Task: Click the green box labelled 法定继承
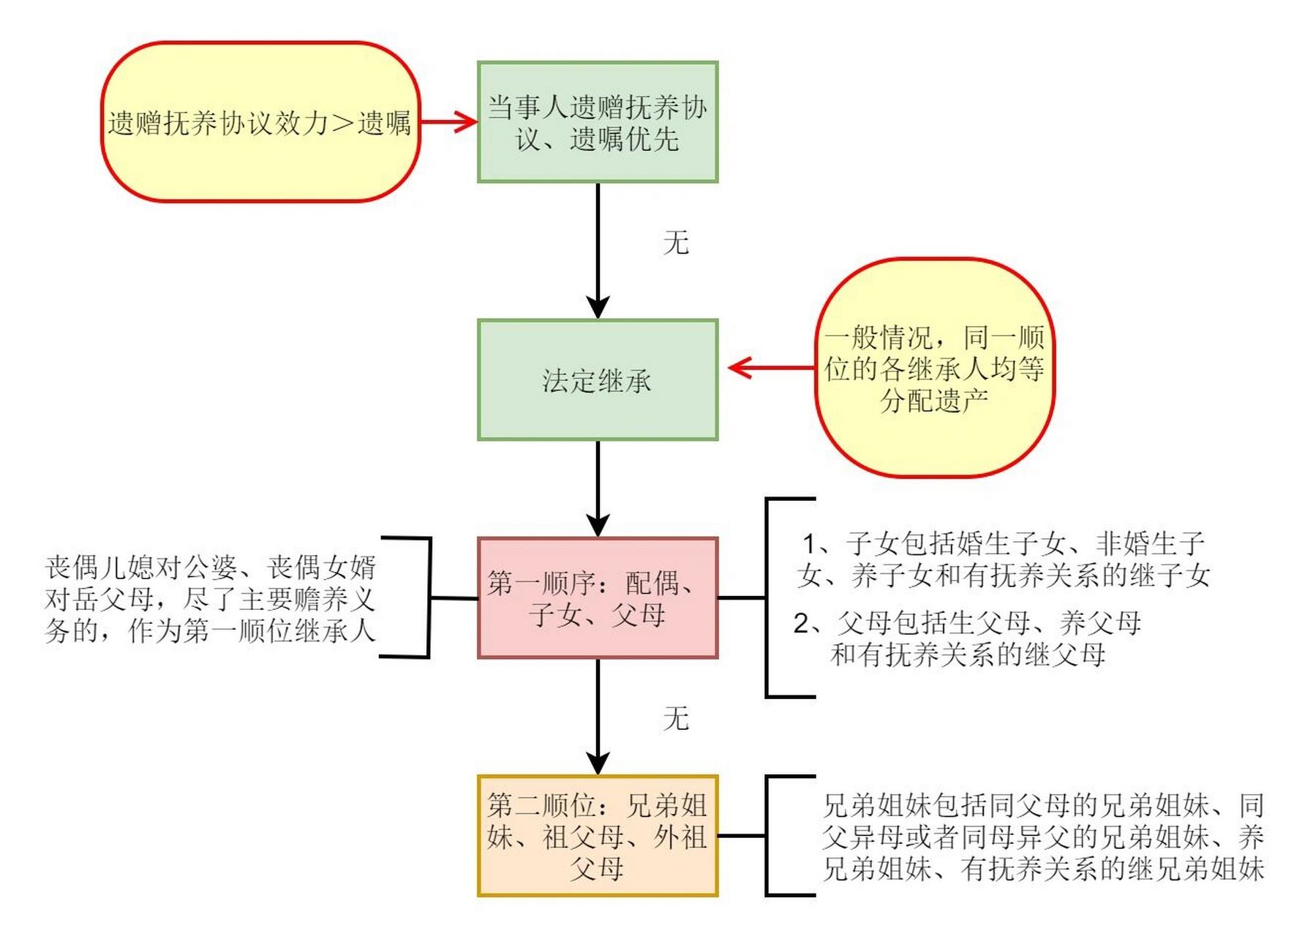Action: coord(597,380)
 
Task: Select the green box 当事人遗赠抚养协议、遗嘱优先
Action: coord(597,122)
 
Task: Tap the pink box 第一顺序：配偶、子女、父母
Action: coord(597,598)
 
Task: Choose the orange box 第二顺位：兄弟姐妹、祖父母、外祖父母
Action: coord(597,835)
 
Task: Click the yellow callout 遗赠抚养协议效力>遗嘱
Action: coord(260,122)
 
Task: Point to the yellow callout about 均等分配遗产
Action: coord(934,368)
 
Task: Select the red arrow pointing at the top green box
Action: coord(448,122)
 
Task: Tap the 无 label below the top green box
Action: coord(676,242)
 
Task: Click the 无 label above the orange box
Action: coord(676,718)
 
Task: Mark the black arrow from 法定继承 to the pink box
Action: coord(598,488)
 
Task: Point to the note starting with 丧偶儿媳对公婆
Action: coord(210,598)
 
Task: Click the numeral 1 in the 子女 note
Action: coord(810,544)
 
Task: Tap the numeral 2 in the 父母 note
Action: coord(802,624)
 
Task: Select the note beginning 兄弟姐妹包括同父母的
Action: coord(1042,837)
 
